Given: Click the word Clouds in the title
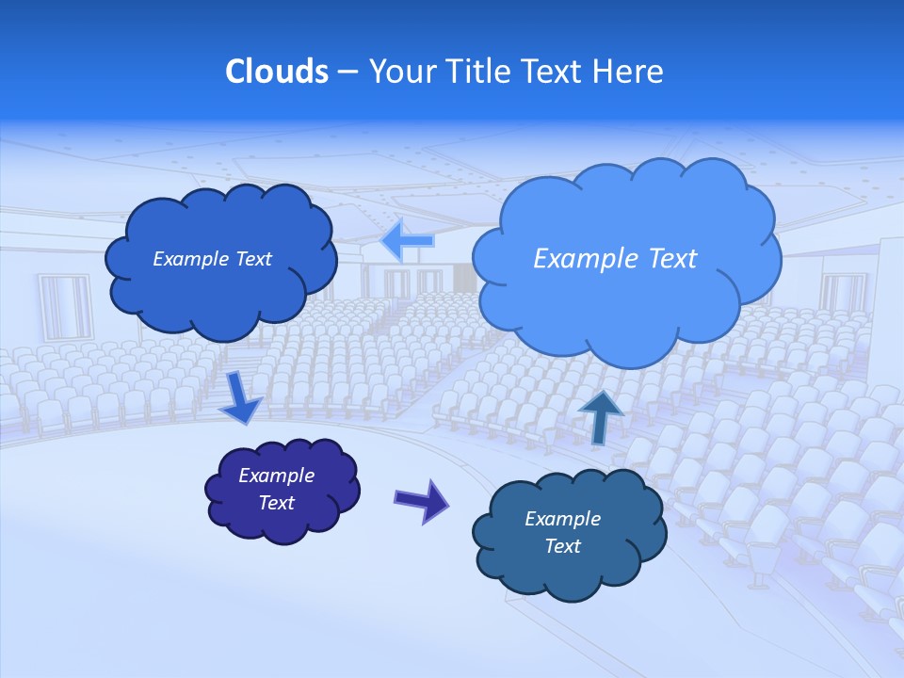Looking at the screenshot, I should [x=277, y=72].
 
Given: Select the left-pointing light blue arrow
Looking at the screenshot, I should [x=408, y=241].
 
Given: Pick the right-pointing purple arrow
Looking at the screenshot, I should [x=422, y=500].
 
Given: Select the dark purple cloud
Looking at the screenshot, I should [x=282, y=490].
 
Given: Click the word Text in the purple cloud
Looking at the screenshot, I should [x=277, y=503].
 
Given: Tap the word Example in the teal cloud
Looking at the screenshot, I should [x=562, y=519].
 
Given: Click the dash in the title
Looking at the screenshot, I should [x=347, y=72].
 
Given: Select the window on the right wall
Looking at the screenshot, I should [x=843, y=292].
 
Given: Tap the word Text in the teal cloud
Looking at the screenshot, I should [x=562, y=546].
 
